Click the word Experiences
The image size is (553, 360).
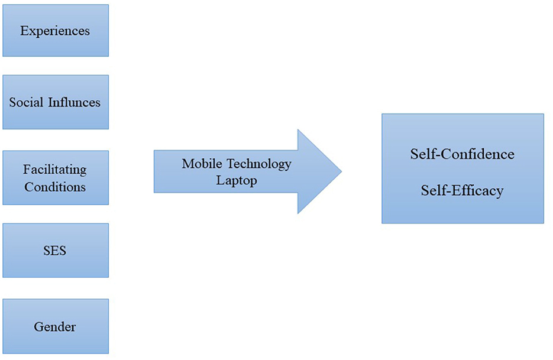pyautogui.click(x=55, y=31)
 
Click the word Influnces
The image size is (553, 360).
pyautogui.click(x=74, y=102)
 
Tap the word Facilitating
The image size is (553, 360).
pyautogui.click(x=55, y=170)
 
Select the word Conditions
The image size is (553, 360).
pyautogui.click(x=55, y=187)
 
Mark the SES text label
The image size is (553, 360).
pyautogui.click(x=55, y=251)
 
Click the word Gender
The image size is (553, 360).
pyautogui.click(x=55, y=326)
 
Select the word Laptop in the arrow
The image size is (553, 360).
pyautogui.click(x=237, y=180)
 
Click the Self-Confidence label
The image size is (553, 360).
pyautogui.click(x=462, y=154)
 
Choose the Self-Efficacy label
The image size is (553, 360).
pyautogui.click(x=462, y=190)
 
